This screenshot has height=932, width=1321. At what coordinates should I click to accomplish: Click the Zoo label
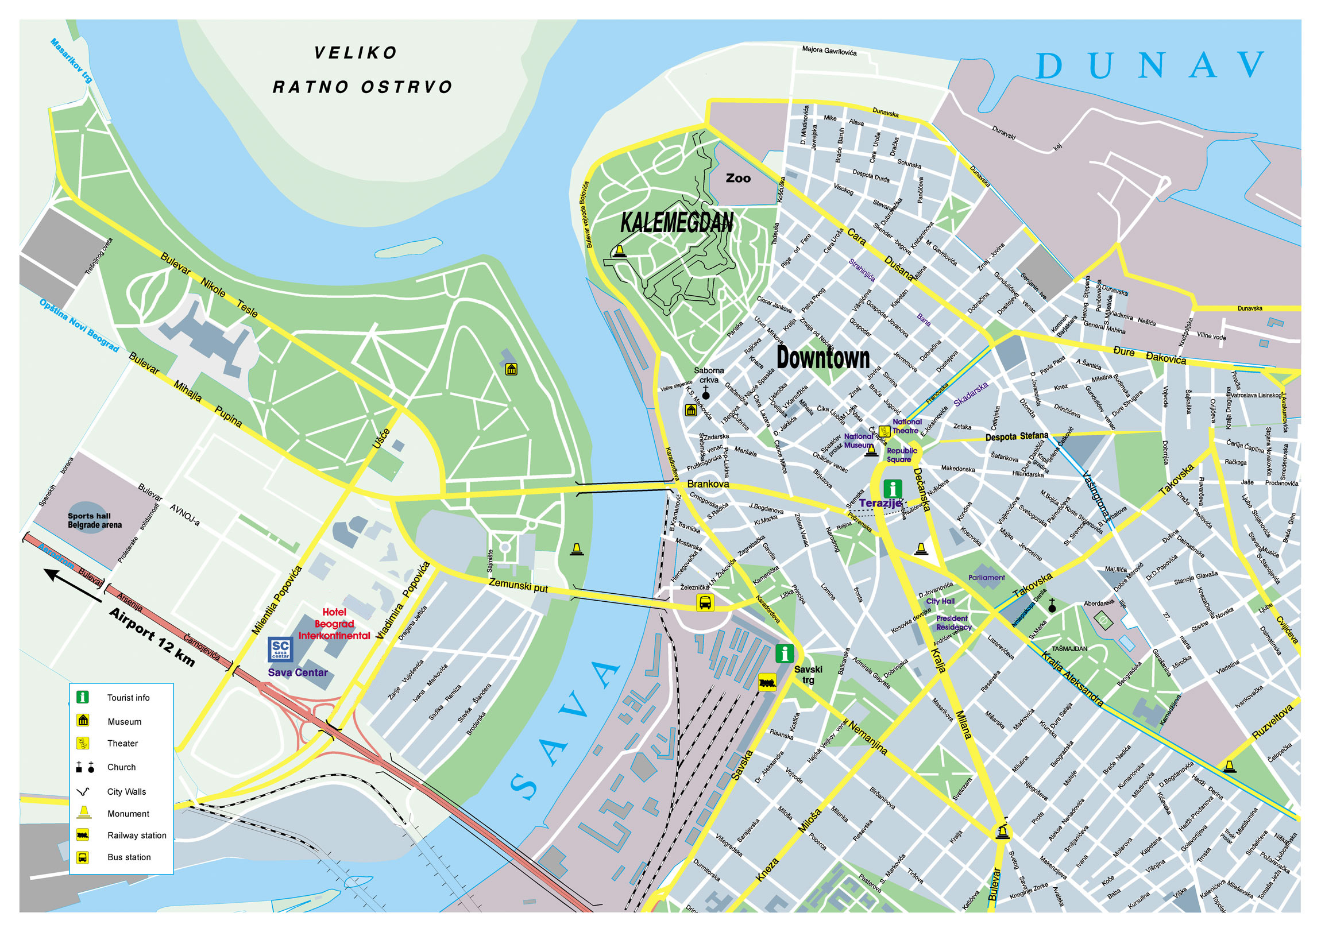[x=738, y=179]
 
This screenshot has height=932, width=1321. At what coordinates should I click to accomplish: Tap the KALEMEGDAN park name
[x=677, y=223]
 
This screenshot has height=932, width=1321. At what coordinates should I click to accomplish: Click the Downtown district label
[x=822, y=358]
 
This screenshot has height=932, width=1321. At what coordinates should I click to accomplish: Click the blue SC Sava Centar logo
[x=281, y=649]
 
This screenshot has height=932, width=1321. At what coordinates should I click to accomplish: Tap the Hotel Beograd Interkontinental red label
[x=334, y=624]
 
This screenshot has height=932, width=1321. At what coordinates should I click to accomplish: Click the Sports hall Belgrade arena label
[x=94, y=521]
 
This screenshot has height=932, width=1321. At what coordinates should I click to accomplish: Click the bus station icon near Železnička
[x=705, y=603]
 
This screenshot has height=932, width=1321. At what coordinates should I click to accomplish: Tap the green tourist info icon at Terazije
[x=893, y=489]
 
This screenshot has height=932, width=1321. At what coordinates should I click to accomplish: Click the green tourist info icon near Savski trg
[x=784, y=653]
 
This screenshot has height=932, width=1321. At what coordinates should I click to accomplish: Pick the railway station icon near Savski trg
[x=767, y=682]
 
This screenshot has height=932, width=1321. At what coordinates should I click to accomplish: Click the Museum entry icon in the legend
[x=83, y=721]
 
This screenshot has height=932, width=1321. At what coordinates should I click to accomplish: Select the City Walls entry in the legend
[x=126, y=792]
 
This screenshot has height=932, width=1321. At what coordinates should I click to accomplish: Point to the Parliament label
[x=986, y=578]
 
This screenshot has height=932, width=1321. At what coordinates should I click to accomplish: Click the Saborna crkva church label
[x=708, y=375]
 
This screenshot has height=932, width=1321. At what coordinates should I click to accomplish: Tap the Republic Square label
[x=901, y=455]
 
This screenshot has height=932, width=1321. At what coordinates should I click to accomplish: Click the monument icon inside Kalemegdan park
[x=619, y=250]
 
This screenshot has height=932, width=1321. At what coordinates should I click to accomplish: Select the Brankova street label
[x=708, y=485]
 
